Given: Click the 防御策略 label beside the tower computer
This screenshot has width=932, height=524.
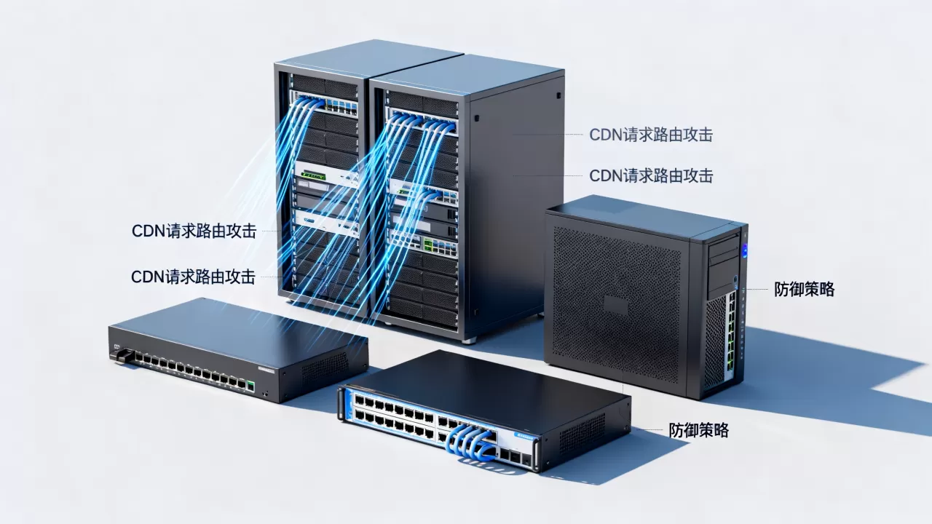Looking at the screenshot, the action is click(x=805, y=289).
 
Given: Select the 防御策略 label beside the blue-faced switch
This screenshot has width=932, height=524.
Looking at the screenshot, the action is click(x=699, y=430).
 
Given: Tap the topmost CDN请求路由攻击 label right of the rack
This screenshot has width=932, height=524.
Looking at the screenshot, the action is click(x=651, y=135).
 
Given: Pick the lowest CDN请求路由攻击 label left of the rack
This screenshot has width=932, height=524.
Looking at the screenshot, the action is click(x=193, y=277).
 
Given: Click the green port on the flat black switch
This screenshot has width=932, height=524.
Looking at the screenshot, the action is click(x=250, y=386).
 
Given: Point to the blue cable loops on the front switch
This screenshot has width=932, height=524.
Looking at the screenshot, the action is click(x=470, y=443).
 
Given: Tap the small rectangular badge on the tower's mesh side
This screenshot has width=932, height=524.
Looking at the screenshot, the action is click(x=615, y=306).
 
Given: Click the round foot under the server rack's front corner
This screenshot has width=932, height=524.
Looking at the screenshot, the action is click(x=469, y=341).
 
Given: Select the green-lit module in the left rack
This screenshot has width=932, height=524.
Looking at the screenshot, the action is click(x=313, y=175).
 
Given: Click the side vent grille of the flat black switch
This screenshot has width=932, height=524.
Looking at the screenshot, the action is click(x=325, y=368).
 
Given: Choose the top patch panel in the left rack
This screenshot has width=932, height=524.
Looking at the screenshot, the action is click(x=324, y=104).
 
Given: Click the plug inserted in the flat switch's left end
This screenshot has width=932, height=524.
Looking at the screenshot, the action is click(x=123, y=355).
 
